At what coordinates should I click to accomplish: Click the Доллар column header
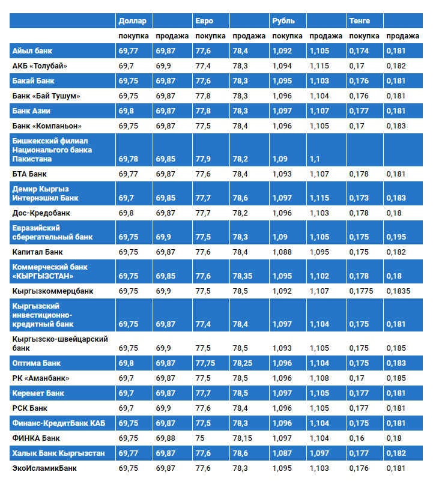(x=132, y=21)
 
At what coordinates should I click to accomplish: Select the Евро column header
(x=204, y=21)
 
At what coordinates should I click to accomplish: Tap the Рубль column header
(x=283, y=21)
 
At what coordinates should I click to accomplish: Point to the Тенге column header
(x=360, y=21)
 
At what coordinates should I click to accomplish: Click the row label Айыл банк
(x=32, y=51)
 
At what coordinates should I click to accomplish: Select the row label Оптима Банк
(x=37, y=363)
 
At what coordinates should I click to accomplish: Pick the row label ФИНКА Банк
(x=36, y=438)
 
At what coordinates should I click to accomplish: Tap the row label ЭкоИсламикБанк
(x=44, y=468)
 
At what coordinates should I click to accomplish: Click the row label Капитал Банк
(x=37, y=252)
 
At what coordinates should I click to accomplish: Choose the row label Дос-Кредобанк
(x=40, y=213)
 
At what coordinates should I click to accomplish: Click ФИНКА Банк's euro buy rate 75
(x=199, y=438)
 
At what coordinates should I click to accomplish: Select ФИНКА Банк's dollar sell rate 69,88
(x=166, y=438)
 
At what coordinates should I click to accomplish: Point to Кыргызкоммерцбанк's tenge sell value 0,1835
(x=398, y=291)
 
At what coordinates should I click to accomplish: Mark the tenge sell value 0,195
(x=396, y=237)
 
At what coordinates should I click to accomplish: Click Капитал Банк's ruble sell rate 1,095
(x=319, y=252)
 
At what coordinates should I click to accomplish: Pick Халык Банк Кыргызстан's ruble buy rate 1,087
(x=282, y=453)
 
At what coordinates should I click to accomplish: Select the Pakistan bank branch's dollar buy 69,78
(x=129, y=159)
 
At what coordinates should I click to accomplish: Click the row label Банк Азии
(x=31, y=111)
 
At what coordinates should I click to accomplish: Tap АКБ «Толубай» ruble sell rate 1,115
(x=319, y=66)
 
